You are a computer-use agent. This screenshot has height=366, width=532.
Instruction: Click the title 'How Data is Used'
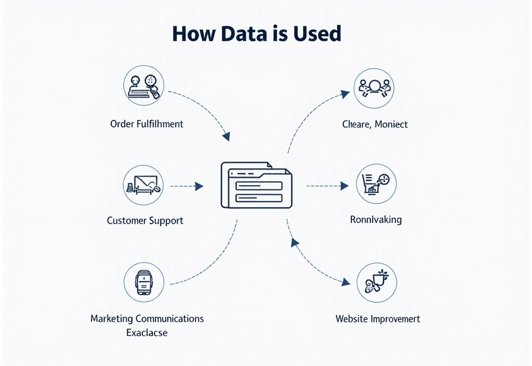click(257, 34)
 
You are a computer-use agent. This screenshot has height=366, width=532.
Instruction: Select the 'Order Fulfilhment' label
click(147, 124)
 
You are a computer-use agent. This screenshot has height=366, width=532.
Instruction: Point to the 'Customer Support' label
click(145, 220)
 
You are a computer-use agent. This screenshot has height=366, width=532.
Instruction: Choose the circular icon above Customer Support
click(144, 186)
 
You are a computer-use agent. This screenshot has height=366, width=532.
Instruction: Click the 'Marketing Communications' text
click(147, 318)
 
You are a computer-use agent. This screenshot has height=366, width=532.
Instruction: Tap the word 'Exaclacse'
click(147, 332)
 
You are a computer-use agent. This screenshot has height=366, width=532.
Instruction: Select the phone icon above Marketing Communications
click(144, 282)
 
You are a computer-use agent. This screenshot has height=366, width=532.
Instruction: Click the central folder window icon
click(256, 185)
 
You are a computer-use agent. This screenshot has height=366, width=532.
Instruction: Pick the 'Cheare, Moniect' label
click(375, 124)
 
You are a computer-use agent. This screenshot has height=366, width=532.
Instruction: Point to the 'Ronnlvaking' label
click(376, 219)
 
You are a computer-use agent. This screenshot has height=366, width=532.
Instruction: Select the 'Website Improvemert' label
click(378, 318)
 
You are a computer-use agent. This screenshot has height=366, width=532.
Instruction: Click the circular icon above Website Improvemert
click(377, 282)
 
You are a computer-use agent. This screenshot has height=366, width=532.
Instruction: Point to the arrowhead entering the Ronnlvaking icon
click(344, 186)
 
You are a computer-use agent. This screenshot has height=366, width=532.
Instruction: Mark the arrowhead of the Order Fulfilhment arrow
click(226, 137)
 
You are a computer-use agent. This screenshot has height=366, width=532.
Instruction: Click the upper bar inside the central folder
click(259, 186)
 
